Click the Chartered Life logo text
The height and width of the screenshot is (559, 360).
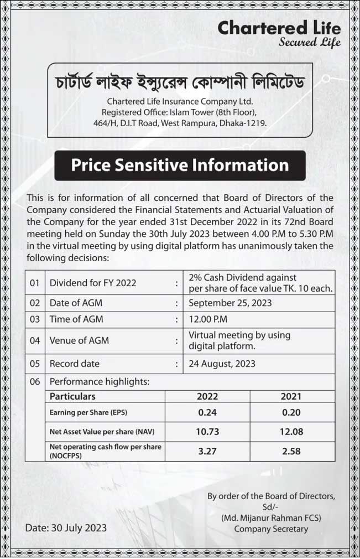[x=279, y=28]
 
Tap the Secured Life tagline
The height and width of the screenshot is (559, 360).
[x=310, y=42]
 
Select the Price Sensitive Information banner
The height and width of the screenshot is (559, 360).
[x=180, y=165]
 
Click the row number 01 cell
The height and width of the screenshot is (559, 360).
[x=35, y=283]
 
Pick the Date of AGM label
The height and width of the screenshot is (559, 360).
[x=76, y=303]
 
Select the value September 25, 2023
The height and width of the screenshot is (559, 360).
[x=230, y=303]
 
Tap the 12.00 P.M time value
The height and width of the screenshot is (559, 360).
[x=208, y=319]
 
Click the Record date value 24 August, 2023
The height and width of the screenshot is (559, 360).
[x=222, y=364]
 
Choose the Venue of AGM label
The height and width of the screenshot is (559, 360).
[x=79, y=340]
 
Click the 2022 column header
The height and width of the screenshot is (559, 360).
[x=207, y=396]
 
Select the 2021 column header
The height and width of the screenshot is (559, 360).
[x=291, y=396]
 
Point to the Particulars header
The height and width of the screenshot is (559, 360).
[x=72, y=396]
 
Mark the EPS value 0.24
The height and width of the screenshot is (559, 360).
[x=207, y=412]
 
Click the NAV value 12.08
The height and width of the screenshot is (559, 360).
[x=291, y=431]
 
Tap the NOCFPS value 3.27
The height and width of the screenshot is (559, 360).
[x=207, y=451]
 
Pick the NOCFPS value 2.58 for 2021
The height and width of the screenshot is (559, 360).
[x=291, y=451]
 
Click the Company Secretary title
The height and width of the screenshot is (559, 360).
[x=271, y=529]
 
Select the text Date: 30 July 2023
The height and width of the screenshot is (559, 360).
[x=66, y=527]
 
